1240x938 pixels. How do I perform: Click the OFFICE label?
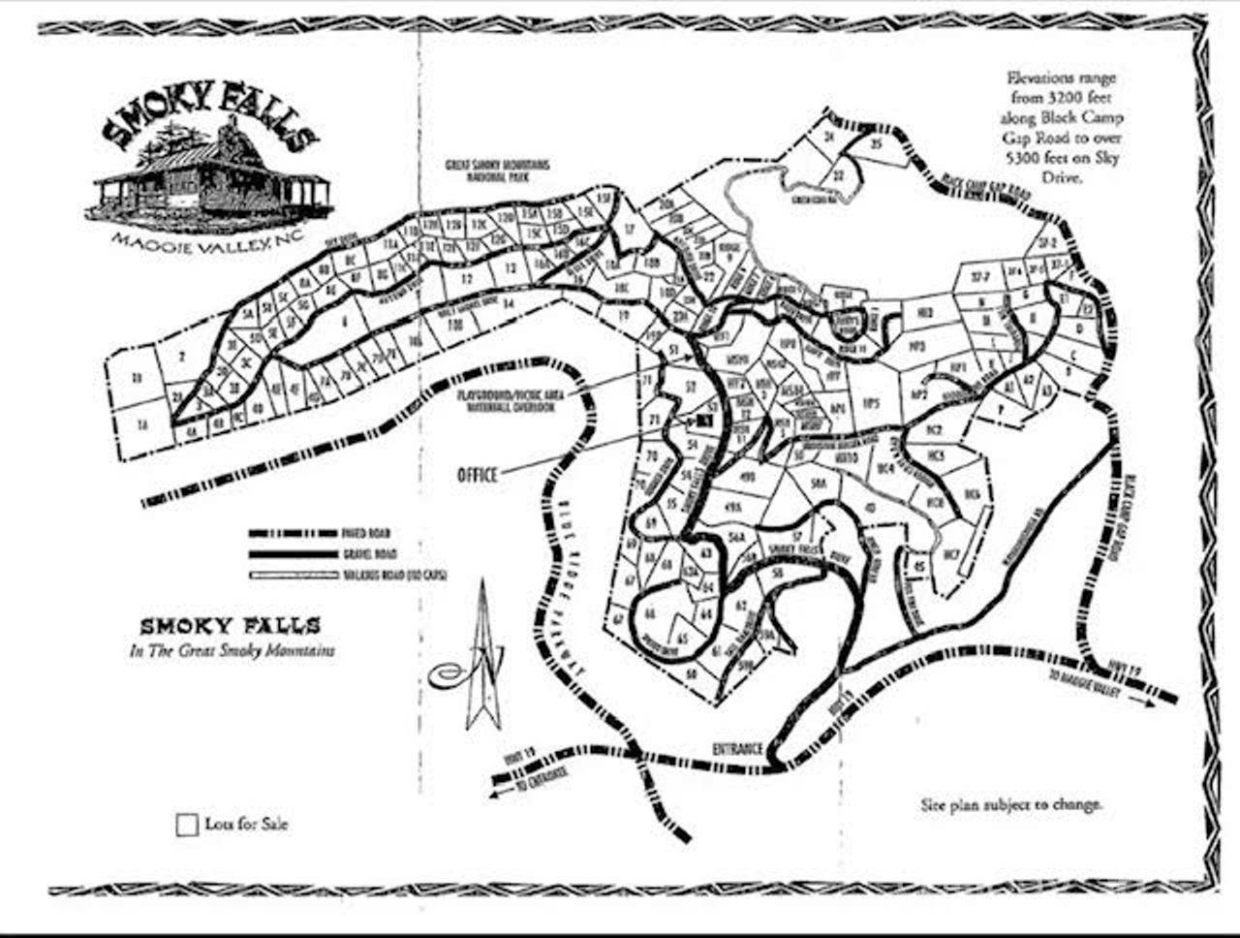coord(477,475)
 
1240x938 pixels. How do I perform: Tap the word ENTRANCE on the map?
coord(737,749)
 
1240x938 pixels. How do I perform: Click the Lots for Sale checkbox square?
coord(187,826)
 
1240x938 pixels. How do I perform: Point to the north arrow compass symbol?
coord(480,659)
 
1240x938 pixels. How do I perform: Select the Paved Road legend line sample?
coord(291,533)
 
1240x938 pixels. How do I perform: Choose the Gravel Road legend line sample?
coord(291,554)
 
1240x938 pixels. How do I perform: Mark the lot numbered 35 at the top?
coord(876,145)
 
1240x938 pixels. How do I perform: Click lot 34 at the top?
coord(829,138)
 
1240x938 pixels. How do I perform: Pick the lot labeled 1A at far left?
coord(142,423)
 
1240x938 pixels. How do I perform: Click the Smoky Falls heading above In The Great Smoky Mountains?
coord(230,626)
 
